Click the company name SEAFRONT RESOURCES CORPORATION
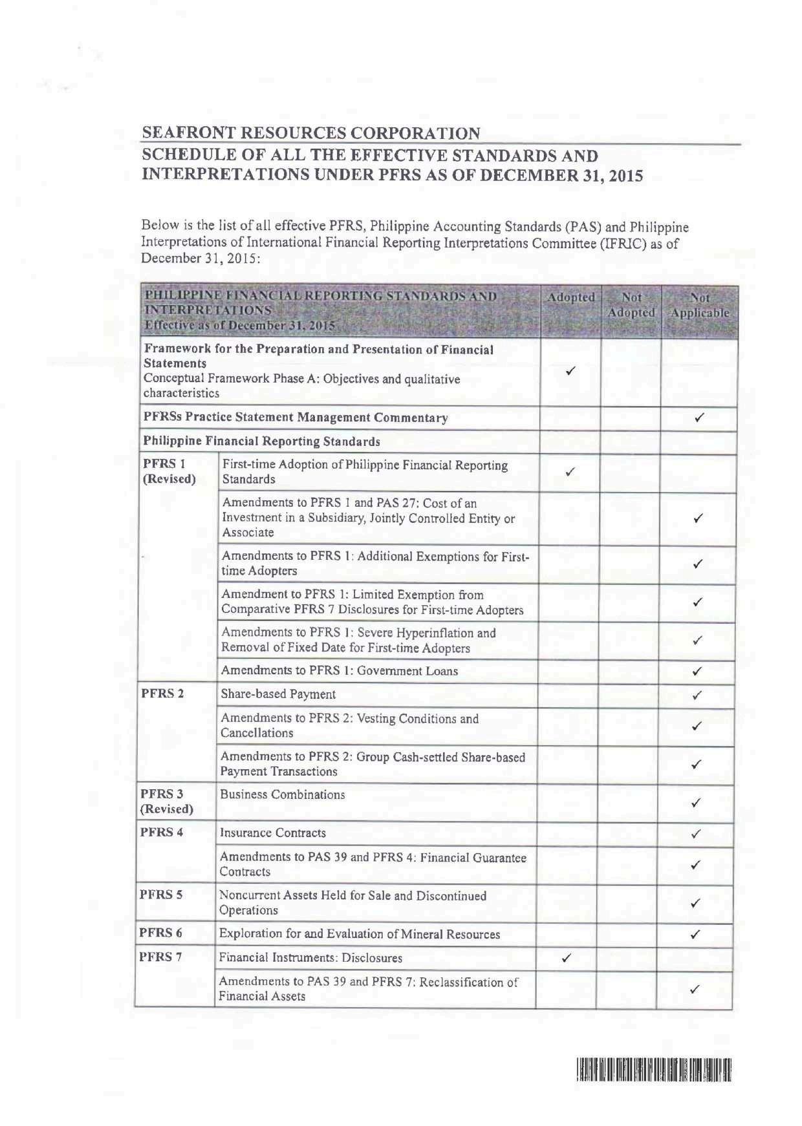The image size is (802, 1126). tap(311, 134)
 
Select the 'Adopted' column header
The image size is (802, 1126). tap(570, 298)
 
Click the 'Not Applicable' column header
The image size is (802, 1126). tap(700, 306)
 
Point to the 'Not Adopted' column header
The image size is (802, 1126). tap(631, 305)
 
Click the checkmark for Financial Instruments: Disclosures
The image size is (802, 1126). tap(566, 959)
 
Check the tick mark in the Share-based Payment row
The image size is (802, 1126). tap(697, 696)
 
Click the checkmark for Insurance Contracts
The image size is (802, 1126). tap(696, 834)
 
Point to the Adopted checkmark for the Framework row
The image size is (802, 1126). tap(570, 371)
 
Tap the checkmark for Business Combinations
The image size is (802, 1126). tap(696, 803)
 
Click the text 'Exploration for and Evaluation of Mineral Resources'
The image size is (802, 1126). tap(360, 934)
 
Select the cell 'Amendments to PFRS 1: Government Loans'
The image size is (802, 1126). tap(340, 671)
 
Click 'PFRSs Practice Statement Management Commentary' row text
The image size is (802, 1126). tap(296, 418)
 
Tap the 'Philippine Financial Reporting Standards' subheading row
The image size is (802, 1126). tap(262, 442)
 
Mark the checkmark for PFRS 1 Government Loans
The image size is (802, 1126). tap(697, 672)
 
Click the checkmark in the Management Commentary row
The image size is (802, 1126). tap(699, 418)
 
